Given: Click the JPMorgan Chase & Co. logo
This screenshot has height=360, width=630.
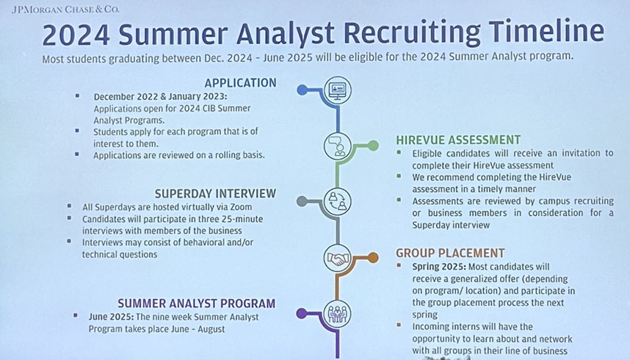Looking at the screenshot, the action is (x=65, y=9).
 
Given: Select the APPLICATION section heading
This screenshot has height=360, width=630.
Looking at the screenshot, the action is (x=240, y=83).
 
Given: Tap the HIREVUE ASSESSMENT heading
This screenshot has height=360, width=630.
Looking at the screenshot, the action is (x=458, y=140).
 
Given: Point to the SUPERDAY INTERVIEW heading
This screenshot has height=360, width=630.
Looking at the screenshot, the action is (x=215, y=193).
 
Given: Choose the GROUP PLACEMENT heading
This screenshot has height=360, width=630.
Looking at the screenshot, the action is (x=450, y=253).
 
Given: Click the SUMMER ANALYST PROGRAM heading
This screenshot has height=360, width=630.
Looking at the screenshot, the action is (x=197, y=303).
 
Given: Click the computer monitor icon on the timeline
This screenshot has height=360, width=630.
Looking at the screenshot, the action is (x=338, y=90).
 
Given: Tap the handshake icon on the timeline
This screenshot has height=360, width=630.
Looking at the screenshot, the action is (x=338, y=258).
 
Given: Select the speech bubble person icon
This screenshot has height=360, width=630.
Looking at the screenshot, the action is (x=338, y=146).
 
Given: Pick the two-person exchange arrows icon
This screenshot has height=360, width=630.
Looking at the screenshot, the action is (x=338, y=201).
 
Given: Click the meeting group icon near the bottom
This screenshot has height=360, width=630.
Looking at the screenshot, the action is (x=338, y=314).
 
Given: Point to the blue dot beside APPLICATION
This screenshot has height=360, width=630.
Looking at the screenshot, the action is (x=302, y=90).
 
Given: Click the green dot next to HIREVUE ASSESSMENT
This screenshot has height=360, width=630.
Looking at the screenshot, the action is (x=373, y=145).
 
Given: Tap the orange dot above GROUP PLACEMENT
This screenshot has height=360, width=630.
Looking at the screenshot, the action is (x=373, y=257).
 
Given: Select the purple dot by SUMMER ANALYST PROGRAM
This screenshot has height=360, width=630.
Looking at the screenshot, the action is (x=302, y=313).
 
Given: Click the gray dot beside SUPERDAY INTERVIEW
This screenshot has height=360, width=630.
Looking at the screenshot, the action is (x=302, y=201).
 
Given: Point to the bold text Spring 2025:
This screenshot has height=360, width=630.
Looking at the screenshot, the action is (x=439, y=267).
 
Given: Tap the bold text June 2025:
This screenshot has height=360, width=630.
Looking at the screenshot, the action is (x=112, y=317).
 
